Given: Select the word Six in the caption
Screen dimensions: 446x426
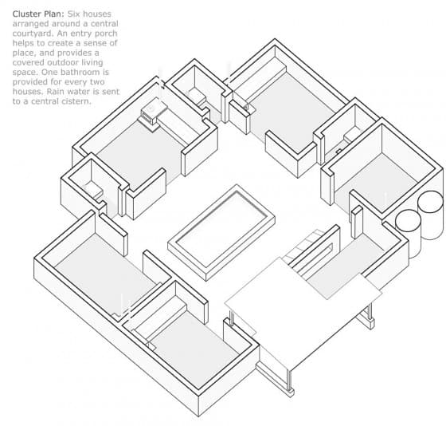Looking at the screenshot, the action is (x=73, y=14).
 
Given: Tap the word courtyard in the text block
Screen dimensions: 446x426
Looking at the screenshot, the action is (x=33, y=34).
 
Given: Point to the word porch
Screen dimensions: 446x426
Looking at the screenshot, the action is (x=106, y=34).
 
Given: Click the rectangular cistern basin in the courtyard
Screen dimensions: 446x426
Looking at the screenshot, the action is (x=221, y=232).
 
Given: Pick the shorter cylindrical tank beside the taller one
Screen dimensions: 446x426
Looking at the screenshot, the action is (x=408, y=231).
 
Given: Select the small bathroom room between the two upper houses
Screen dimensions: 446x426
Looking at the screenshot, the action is (x=199, y=90).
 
